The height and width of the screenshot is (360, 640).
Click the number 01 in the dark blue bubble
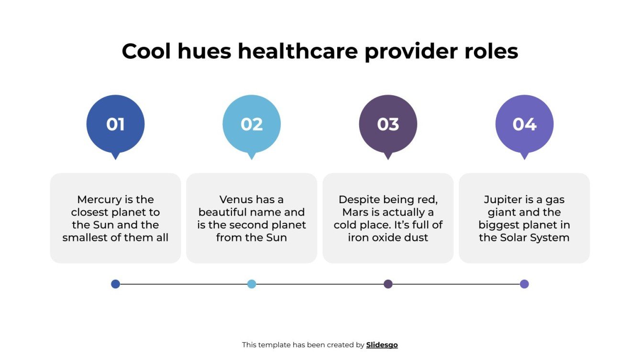tap(115, 124)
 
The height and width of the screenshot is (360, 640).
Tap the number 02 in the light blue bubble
tap(252, 124)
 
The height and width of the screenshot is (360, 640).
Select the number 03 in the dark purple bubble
tap(388, 124)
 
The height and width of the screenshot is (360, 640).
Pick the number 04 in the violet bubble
tap(524, 124)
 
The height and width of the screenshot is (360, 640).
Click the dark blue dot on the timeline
tap(115, 284)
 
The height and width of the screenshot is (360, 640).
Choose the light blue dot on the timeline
tap(252, 284)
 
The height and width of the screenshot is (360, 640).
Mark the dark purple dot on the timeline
tap(388, 284)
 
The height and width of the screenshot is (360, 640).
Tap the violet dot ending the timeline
tap(524, 284)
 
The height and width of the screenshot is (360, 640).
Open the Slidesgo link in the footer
tap(382, 345)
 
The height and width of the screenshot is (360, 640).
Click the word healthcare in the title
tap(298, 51)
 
